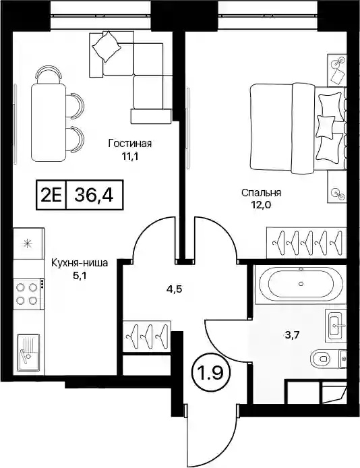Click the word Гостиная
(x=130, y=144)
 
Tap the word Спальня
(x=261, y=193)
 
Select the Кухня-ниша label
(x=80, y=264)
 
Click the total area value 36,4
(x=94, y=195)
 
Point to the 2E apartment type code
(x=51, y=195)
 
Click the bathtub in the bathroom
(x=301, y=283)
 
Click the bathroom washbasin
(x=336, y=325)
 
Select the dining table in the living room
(x=49, y=122)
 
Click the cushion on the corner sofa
(x=107, y=47)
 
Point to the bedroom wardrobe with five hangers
(x=306, y=242)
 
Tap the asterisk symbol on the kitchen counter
(x=28, y=244)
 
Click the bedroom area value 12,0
(x=261, y=206)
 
